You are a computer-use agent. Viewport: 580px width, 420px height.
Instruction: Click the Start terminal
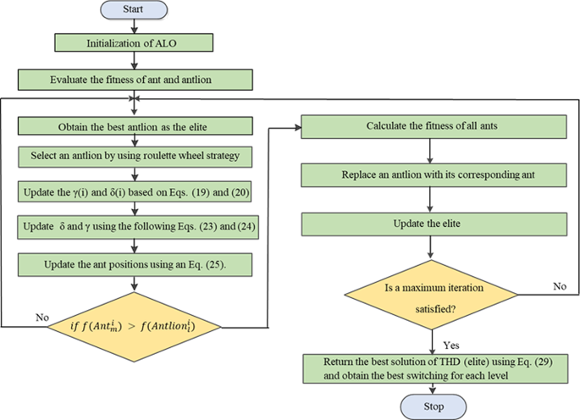(134, 9)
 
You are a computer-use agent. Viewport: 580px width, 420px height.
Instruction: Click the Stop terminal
(434, 406)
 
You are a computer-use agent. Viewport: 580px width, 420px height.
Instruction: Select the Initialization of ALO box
(134, 42)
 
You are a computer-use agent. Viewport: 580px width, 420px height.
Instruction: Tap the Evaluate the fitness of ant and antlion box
(135, 80)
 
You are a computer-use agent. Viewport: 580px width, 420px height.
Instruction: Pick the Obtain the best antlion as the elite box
(135, 126)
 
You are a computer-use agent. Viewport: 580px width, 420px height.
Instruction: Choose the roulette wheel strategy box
(135, 157)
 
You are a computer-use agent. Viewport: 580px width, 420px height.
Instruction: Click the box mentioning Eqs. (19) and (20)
(135, 191)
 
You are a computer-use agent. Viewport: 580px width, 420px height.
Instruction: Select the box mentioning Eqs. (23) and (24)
(138, 227)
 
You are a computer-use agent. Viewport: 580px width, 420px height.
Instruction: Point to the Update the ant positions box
(135, 264)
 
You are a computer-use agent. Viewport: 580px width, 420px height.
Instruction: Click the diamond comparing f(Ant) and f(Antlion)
(135, 327)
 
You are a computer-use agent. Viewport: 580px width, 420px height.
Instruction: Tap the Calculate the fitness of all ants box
(434, 127)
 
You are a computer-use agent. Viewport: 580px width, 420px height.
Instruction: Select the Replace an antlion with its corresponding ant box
(434, 175)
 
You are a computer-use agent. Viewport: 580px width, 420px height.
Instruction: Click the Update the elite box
(434, 224)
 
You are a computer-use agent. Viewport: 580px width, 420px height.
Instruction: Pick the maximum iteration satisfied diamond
(431, 295)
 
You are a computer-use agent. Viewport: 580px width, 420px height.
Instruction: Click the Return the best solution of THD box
(435, 369)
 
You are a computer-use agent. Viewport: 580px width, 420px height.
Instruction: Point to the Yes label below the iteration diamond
(451, 345)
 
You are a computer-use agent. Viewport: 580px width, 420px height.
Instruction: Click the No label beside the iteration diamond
(560, 286)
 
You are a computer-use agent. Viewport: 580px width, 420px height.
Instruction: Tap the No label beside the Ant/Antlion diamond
(42, 318)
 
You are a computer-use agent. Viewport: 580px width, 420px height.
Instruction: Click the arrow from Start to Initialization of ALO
(135, 26)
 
